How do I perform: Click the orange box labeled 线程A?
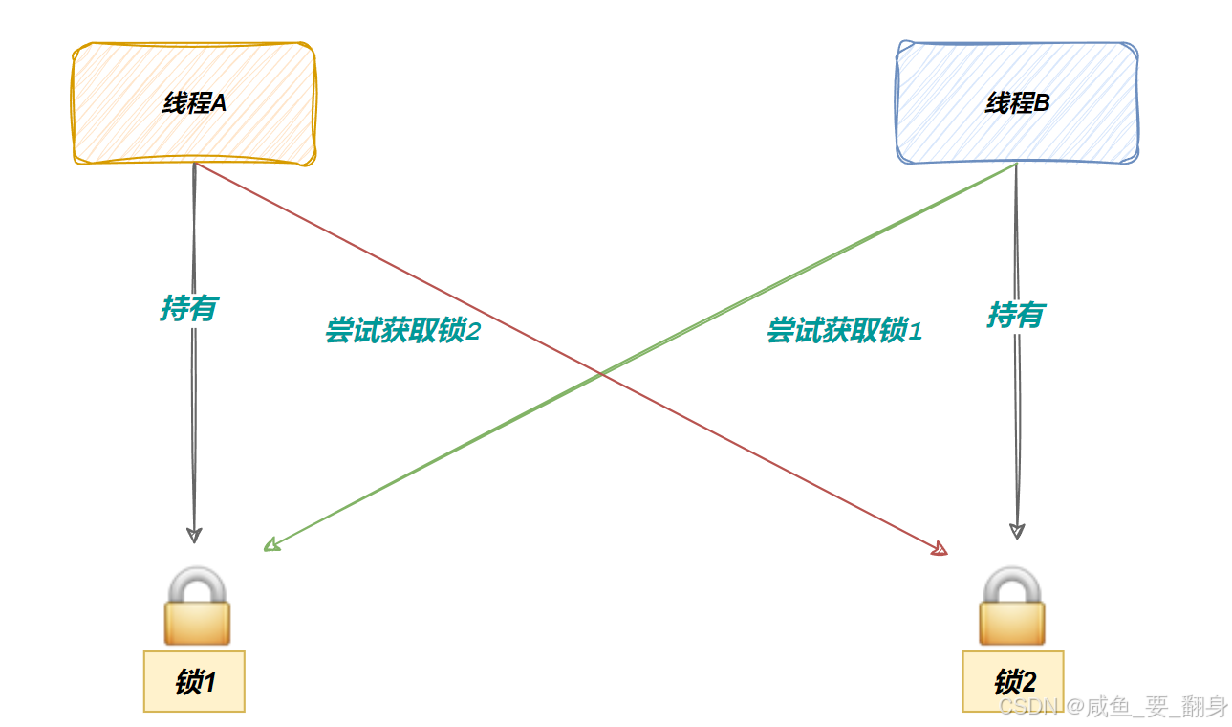coord(194,103)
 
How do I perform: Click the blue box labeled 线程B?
coord(1017,103)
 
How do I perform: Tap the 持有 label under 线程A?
coord(189,308)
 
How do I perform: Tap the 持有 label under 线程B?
coord(1015,314)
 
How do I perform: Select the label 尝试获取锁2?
coord(401,331)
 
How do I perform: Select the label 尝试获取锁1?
coord(844,331)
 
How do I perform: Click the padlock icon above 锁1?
coord(197,606)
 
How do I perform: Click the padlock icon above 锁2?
coord(1012,606)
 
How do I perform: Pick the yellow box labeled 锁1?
coord(194,681)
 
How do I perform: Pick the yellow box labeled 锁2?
coord(1013,681)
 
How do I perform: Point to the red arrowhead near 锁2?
coord(940,549)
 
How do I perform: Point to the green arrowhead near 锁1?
coord(271,545)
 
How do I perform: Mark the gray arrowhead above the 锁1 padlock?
coord(194,534)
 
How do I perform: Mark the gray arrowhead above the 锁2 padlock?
coord(1017,530)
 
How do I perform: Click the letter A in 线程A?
coord(218,103)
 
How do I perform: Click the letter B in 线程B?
coord(1042,103)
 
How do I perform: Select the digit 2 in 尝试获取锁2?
coord(472,331)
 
